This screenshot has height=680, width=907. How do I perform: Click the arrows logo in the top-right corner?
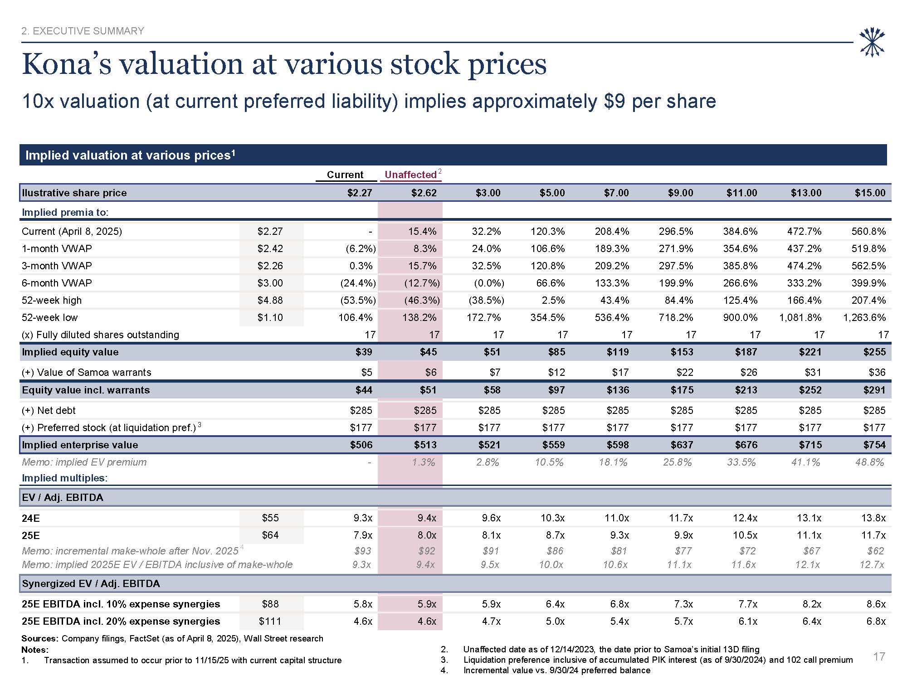click(x=872, y=43)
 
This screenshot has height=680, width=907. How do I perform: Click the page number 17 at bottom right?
click(x=879, y=656)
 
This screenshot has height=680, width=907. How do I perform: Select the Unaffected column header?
click(x=410, y=175)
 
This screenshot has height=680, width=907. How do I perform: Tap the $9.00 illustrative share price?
click(x=680, y=193)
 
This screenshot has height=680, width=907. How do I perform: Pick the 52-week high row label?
click(x=52, y=300)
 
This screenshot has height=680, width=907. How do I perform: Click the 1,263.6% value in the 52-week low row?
click(x=864, y=317)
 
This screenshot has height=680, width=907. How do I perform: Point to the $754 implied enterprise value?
click(x=874, y=445)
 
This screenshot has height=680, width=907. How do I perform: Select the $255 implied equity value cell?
click(x=874, y=352)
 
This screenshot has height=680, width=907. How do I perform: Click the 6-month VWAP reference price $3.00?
click(x=270, y=283)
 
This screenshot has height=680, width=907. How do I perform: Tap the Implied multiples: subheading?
click(x=65, y=478)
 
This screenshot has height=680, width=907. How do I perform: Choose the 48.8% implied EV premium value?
click(x=869, y=462)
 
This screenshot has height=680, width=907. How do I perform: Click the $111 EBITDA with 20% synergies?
click(x=270, y=621)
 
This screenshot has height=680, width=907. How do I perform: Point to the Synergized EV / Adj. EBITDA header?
click(x=91, y=583)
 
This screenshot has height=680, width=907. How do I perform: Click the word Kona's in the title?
click(x=66, y=64)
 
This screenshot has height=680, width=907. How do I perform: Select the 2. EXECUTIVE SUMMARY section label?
click(x=83, y=31)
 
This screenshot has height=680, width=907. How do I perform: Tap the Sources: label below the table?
click(x=40, y=638)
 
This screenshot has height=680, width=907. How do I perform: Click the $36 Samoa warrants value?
click(x=877, y=372)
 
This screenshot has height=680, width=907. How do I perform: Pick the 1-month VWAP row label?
click(x=57, y=248)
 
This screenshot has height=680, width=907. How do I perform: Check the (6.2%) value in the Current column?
click(x=358, y=248)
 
